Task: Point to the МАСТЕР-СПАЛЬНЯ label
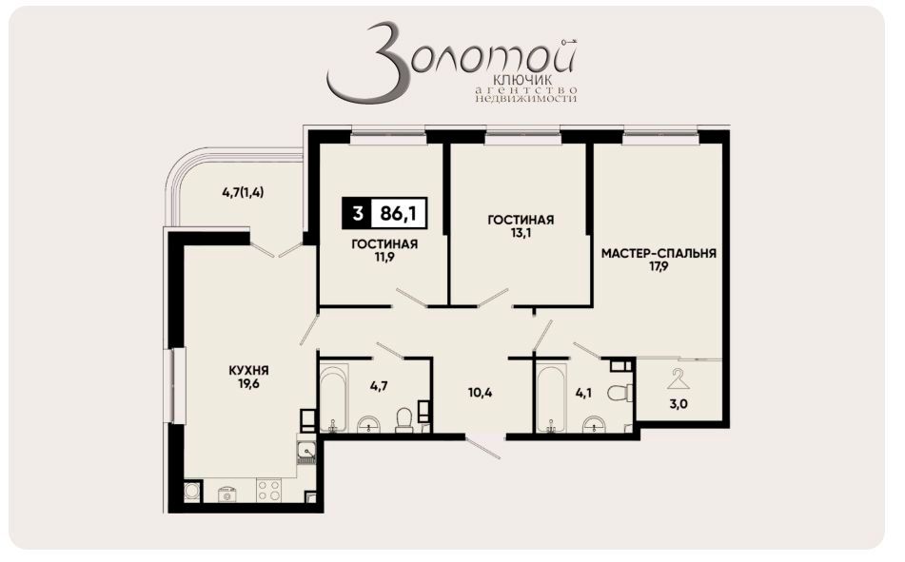pyautogui.click(x=659, y=254)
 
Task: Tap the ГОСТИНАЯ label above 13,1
pyautogui.click(x=521, y=220)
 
